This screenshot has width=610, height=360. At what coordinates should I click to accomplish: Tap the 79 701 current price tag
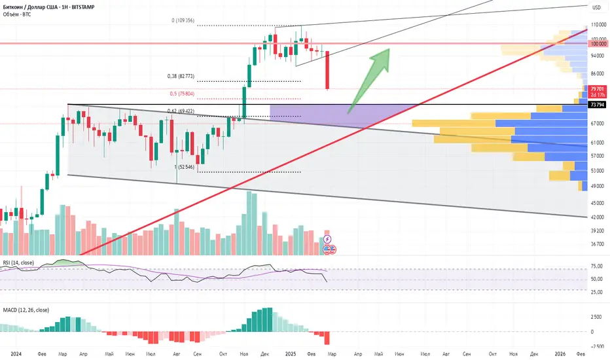[596, 88]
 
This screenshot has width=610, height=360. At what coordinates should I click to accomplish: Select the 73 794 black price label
[596, 104]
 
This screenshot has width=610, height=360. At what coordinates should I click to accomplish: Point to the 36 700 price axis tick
[598, 244]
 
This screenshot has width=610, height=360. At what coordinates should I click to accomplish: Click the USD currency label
[596, 7]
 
